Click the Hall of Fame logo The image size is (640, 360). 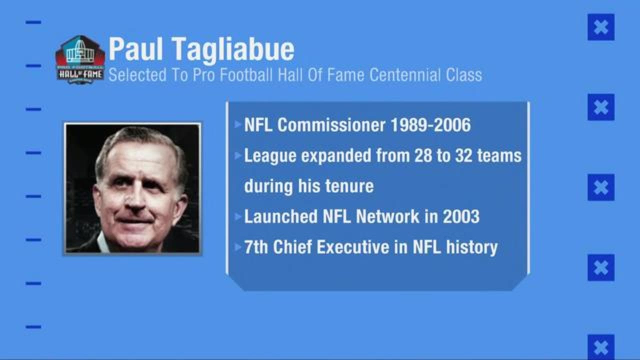click(80, 59)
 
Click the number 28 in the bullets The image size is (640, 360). click(424, 155)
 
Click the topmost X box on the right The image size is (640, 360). click(601, 27)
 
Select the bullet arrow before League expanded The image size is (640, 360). click(238, 155)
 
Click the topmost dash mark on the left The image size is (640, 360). click(33, 22)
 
